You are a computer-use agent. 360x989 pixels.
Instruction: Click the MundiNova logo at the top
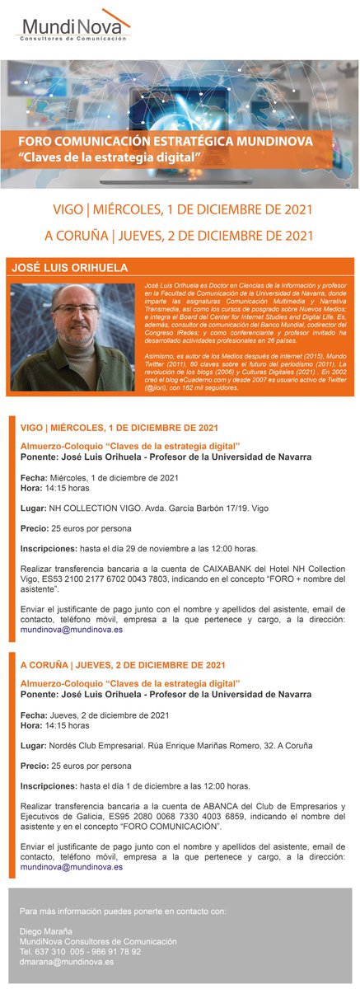73,26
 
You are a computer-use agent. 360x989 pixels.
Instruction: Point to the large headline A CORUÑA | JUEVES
179,235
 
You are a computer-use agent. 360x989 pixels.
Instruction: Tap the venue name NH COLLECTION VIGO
87,509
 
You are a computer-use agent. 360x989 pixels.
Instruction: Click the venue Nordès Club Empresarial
95,745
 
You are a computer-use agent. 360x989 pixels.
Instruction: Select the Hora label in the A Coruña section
31,725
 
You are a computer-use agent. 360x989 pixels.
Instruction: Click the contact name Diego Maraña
47,930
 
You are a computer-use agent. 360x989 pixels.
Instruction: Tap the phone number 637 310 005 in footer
63,950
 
